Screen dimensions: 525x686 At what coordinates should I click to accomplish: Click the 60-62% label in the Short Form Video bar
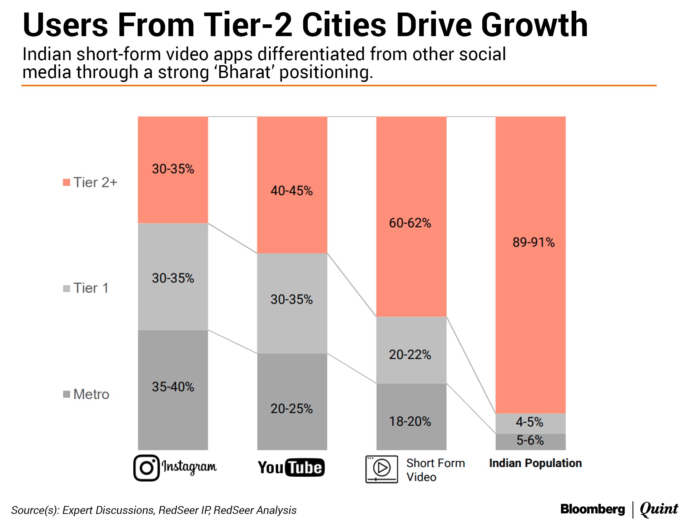tap(410, 223)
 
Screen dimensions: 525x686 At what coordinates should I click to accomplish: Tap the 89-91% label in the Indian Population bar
tap(533, 242)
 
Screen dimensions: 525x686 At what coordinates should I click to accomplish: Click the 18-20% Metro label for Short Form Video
tap(410, 422)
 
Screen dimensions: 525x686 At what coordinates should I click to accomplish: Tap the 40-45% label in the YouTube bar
tap(292, 191)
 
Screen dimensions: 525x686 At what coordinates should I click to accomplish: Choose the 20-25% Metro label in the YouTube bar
tap(292, 409)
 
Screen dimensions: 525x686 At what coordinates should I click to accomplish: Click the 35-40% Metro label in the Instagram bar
tap(173, 387)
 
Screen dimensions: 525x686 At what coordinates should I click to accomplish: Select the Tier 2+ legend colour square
tap(66, 183)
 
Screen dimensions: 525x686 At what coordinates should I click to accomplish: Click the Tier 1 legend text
tap(91, 288)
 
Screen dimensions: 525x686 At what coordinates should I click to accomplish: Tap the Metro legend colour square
tap(66, 394)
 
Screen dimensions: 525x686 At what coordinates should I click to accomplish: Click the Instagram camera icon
tap(146, 468)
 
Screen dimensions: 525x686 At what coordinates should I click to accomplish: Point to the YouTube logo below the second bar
tap(291, 467)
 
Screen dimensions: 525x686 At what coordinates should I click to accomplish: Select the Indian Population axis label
tap(535, 463)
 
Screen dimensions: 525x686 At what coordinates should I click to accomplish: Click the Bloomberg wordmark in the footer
tap(592, 509)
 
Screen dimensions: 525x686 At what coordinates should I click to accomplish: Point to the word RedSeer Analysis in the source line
tap(255, 510)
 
